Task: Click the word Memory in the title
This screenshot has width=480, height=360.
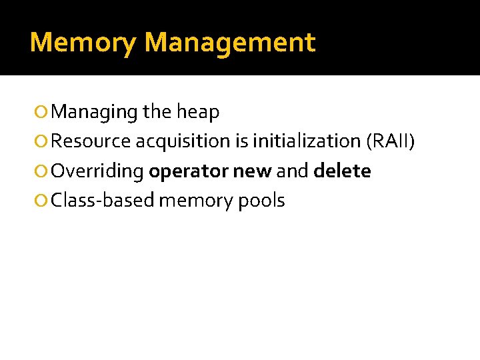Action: pos(83,43)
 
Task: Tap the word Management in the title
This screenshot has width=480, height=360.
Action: pos(229,43)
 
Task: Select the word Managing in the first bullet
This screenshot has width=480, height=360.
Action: pos(94,113)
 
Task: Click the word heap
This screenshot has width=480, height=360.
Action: pos(198,113)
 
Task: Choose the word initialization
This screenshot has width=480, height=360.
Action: pos(307,141)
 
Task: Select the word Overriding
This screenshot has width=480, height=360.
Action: pos(97,171)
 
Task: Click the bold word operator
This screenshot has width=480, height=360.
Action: pos(189,172)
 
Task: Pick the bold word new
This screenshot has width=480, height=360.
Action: pos(252,172)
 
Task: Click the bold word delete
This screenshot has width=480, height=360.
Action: pos(342,171)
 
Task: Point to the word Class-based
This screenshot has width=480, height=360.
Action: pos(103,200)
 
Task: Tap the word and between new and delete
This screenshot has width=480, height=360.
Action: pos(292,171)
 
